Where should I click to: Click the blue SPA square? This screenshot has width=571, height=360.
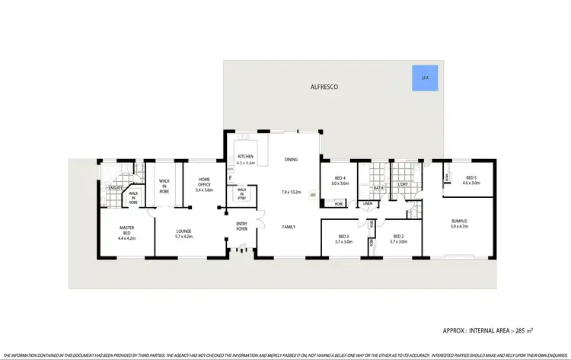(x=424, y=78)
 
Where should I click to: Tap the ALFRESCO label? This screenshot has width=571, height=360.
(x=325, y=87)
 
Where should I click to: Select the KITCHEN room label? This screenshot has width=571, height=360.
(x=245, y=158)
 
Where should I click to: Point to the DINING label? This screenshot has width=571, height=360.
(x=291, y=160)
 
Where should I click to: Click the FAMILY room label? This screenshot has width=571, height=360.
(x=289, y=227)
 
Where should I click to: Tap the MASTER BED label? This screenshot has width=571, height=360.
(x=126, y=230)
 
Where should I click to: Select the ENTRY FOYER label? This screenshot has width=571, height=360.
(x=241, y=225)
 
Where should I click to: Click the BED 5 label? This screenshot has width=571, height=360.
(x=471, y=177)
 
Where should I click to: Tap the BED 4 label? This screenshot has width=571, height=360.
(x=340, y=179)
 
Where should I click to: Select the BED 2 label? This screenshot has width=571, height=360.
(x=398, y=236)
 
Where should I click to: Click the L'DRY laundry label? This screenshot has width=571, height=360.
(x=403, y=185)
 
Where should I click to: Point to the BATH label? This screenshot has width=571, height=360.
(x=378, y=187)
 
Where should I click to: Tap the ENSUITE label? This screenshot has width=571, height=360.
(x=116, y=187)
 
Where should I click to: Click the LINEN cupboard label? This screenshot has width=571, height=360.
(x=367, y=204)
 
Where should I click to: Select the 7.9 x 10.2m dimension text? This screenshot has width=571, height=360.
(x=291, y=192)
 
